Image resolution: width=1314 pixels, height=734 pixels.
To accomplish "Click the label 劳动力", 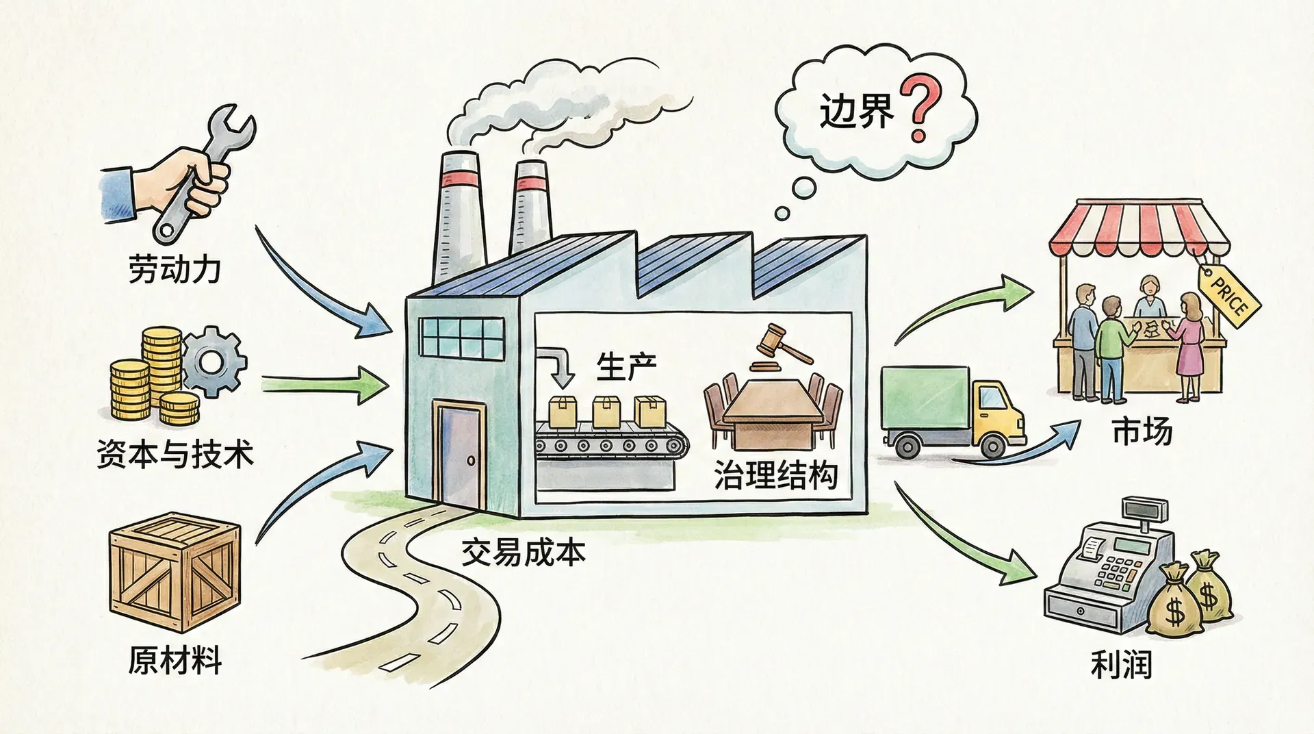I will click(x=174, y=269).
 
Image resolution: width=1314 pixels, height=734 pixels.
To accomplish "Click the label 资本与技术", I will click(x=175, y=453).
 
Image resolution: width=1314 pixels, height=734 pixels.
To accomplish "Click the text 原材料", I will click(x=175, y=662).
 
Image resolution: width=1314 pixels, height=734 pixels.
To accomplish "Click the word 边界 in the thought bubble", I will click(x=857, y=111).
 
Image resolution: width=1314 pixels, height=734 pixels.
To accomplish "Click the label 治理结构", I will click(x=775, y=474).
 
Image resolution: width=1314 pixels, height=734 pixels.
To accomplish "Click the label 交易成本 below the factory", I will click(x=523, y=551).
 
